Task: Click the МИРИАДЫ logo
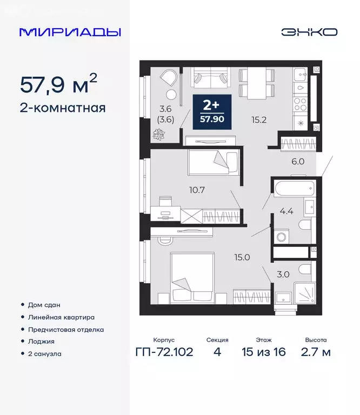pyautogui.click(x=70, y=32)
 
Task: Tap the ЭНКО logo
pyautogui.click(x=309, y=32)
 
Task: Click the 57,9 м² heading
pyautogui.click(x=59, y=84)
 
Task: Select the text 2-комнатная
pyautogui.click(x=62, y=108)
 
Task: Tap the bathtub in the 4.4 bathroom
pyautogui.click(x=294, y=189)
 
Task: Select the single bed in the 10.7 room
pyautogui.click(x=213, y=162)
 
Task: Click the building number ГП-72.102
pyautogui.click(x=164, y=352)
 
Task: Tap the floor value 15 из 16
pyautogui.click(x=264, y=352)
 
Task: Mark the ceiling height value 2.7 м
pyautogui.click(x=315, y=352)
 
